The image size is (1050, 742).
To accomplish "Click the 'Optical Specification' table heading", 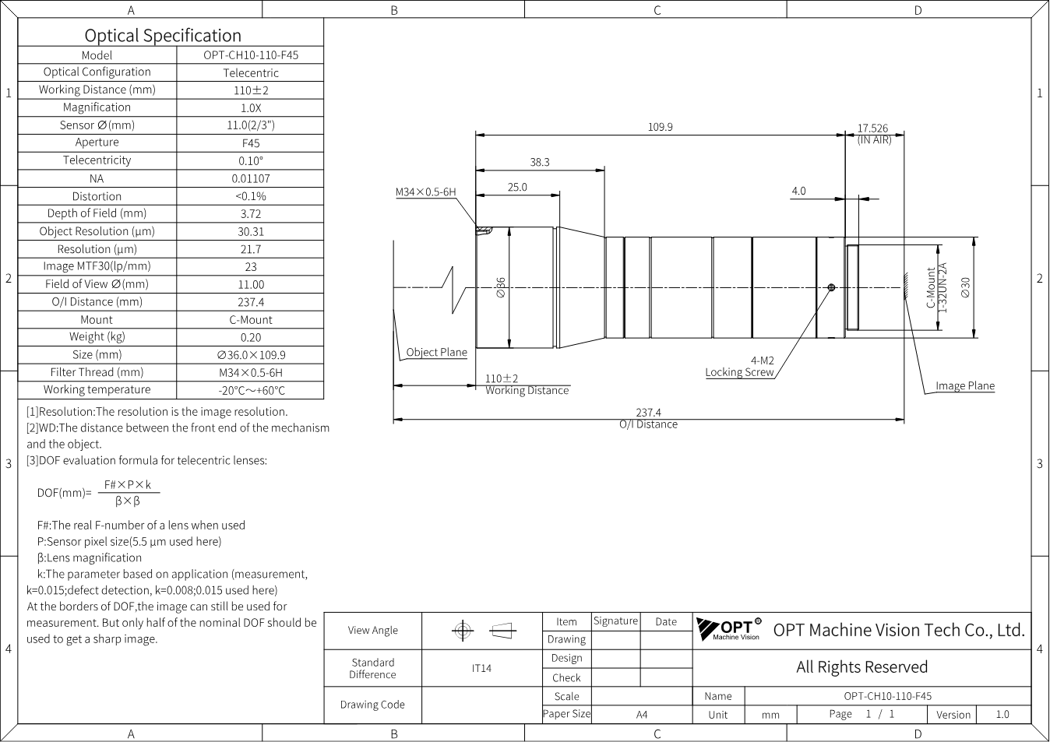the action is click(x=163, y=35).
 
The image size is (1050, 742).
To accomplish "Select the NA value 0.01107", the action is click(x=251, y=178).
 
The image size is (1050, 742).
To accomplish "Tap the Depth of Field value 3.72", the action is click(x=251, y=214).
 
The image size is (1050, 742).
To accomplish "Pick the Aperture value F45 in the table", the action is click(x=251, y=143).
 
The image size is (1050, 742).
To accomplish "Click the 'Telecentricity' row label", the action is click(x=97, y=160).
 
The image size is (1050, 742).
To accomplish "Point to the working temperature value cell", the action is click(x=252, y=390).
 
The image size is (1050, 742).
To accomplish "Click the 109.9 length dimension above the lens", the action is click(x=660, y=127).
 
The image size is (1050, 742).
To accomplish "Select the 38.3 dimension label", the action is click(x=540, y=162).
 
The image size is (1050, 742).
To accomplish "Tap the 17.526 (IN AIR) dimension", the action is click(x=874, y=133).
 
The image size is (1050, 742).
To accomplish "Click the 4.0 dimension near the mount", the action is click(x=798, y=191).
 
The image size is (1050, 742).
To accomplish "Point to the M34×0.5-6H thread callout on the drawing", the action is click(x=425, y=192).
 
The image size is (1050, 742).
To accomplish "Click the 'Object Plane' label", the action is click(x=436, y=352).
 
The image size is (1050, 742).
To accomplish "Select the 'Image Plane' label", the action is click(x=965, y=386).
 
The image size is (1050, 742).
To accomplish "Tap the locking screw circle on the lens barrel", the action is click(x=832, y=287).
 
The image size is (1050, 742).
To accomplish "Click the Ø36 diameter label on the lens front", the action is click(x=501, y=287).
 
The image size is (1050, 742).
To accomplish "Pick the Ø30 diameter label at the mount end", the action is click(x=965, y=287).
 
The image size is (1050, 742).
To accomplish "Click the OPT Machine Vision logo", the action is click(x=728, y=629).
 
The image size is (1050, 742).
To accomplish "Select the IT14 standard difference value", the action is click(x=481, y=668).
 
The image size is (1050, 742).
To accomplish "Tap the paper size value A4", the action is click(x=642, y=715).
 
